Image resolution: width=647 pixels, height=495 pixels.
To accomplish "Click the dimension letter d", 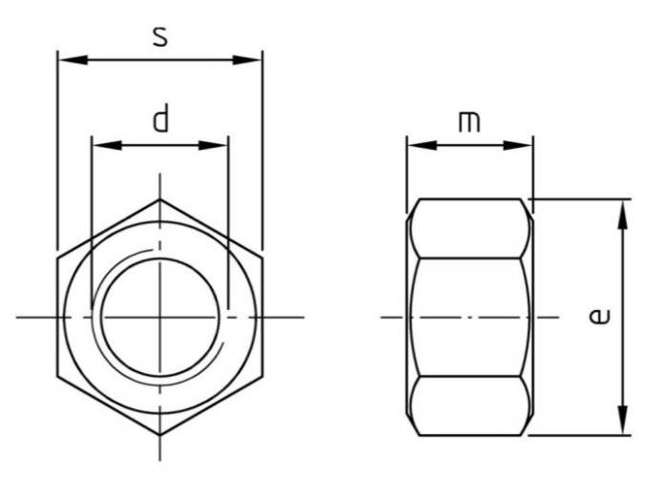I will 160,120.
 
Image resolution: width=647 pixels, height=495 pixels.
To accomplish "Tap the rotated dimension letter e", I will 598,316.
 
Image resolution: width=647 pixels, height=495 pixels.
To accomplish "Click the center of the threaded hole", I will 159,317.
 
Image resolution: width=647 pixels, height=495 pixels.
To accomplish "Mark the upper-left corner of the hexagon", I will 58,258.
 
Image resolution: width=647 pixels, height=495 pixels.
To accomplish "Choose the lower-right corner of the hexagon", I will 261,376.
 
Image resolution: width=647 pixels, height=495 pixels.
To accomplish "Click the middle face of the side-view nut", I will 469,317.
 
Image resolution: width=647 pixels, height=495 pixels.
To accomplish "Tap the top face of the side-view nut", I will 469,228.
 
